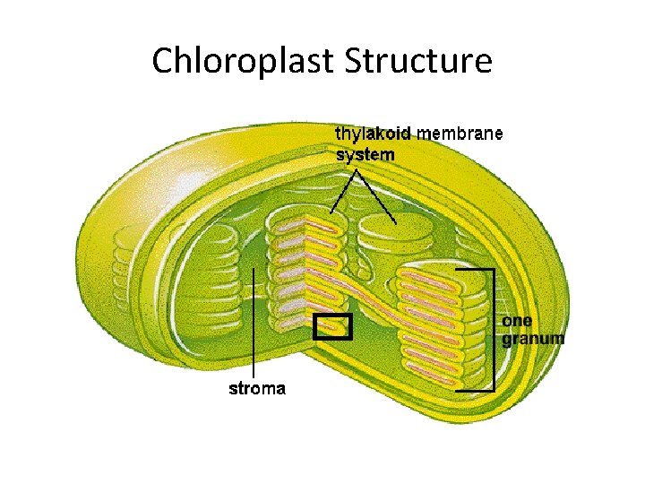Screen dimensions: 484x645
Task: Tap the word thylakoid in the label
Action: pos(373,134)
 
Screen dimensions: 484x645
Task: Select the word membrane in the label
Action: pos(460,134)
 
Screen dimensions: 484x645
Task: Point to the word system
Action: pos(365,154)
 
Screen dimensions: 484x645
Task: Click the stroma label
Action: pos(257,388)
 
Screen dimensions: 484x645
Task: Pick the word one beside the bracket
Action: pos(517,321)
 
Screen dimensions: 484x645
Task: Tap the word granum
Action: pos(532,338)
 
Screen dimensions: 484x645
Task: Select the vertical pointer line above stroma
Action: pos(254,323)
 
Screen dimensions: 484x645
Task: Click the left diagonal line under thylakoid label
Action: pos(340,193)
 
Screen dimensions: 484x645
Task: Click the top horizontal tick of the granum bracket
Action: pos(475,268)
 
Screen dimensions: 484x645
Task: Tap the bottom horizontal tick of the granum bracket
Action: pos(475,390)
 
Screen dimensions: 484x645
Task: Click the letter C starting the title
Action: pos(162,62)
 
